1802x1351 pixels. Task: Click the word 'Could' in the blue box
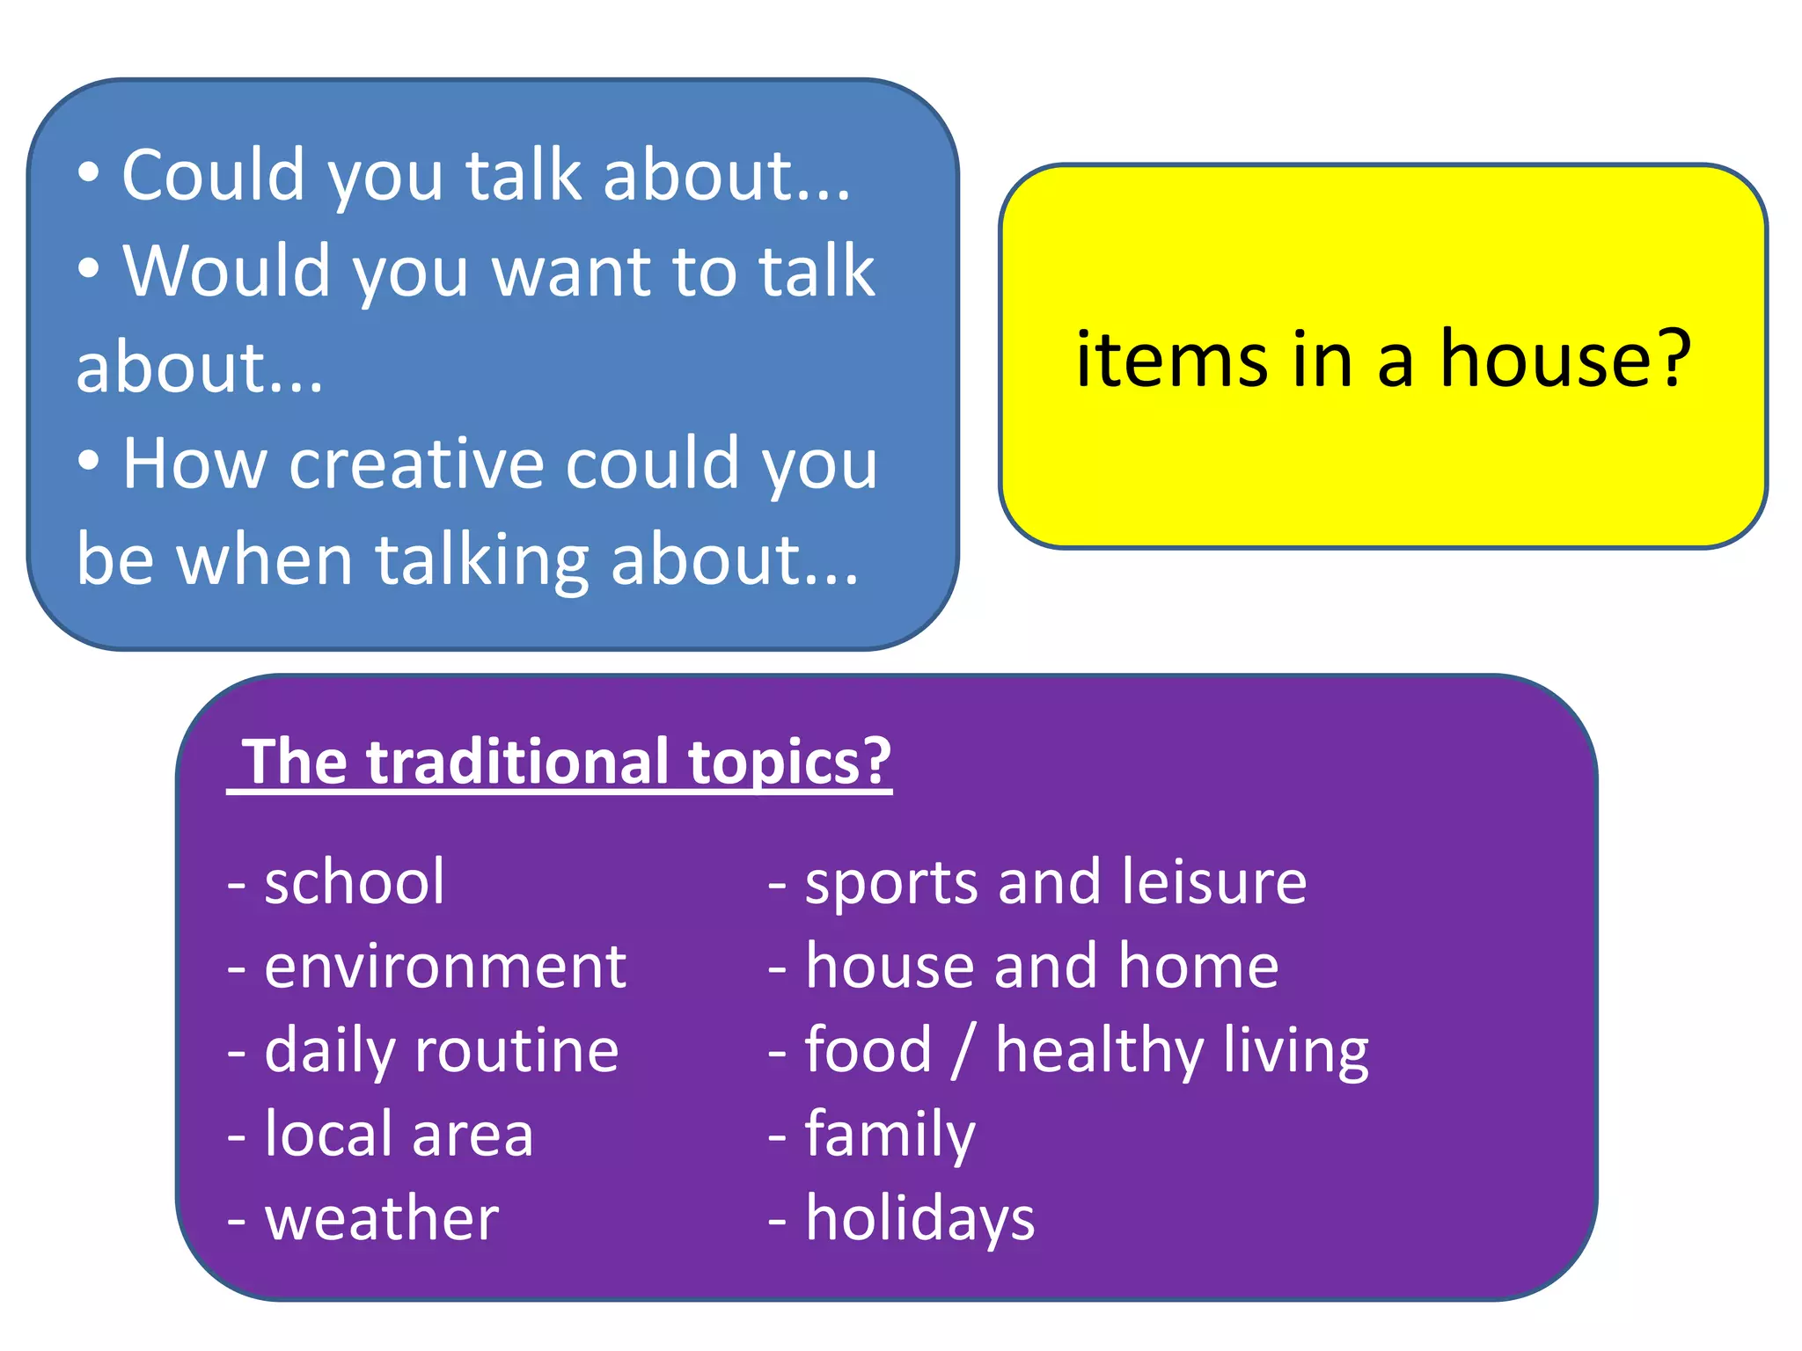pyautogui.click(x=213, y=175)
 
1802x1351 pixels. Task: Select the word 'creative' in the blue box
pyautogui.click(x=415, y=464)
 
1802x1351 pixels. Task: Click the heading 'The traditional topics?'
pyautogui.click(x=567, y=762)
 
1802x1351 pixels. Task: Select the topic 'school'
pyautogui.click(x=354, y=881)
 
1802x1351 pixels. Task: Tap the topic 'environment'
pyautogui.click(x=444, y=966)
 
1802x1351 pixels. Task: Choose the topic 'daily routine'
pyautogui.click(x=441, y=1050)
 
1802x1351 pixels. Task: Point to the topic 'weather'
pyautogui.click(x=381, y=1218)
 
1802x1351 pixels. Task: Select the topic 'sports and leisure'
pyautogui.click(x=1055, y=881)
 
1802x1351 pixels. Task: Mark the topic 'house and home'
pyautogui.click(x=1041, y=966)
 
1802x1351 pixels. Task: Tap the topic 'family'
pyautogui.click(x=890, y=1135)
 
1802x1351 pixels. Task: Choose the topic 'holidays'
pyautogui.click(x=919, y=1218)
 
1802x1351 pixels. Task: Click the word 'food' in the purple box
pyautogui.click(x=868, y=1050)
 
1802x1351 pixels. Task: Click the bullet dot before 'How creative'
pyautogui.click(x=88, y=460)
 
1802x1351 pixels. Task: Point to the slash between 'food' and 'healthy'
pyautogui.click(x=963, y=1050)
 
